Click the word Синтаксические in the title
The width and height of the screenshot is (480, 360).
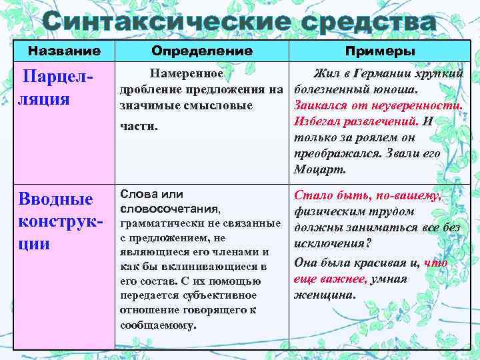(164, 23)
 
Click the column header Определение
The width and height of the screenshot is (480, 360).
(201, 51)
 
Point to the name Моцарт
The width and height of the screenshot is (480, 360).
(319, 169)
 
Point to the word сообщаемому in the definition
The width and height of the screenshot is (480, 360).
(157, 325)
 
